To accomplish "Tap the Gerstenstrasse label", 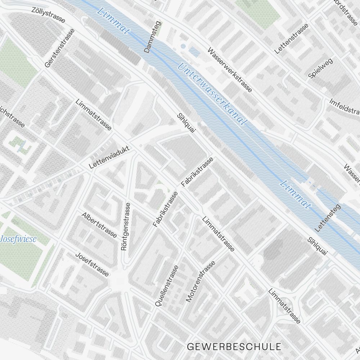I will [59, 48].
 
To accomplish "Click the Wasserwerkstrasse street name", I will [229, 70].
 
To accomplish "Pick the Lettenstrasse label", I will [291, 39].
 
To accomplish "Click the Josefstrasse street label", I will [92, 264].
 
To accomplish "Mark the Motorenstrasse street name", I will [201, 282].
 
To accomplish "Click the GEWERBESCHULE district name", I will [234, 347].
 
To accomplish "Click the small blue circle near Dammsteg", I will [183, 46].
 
